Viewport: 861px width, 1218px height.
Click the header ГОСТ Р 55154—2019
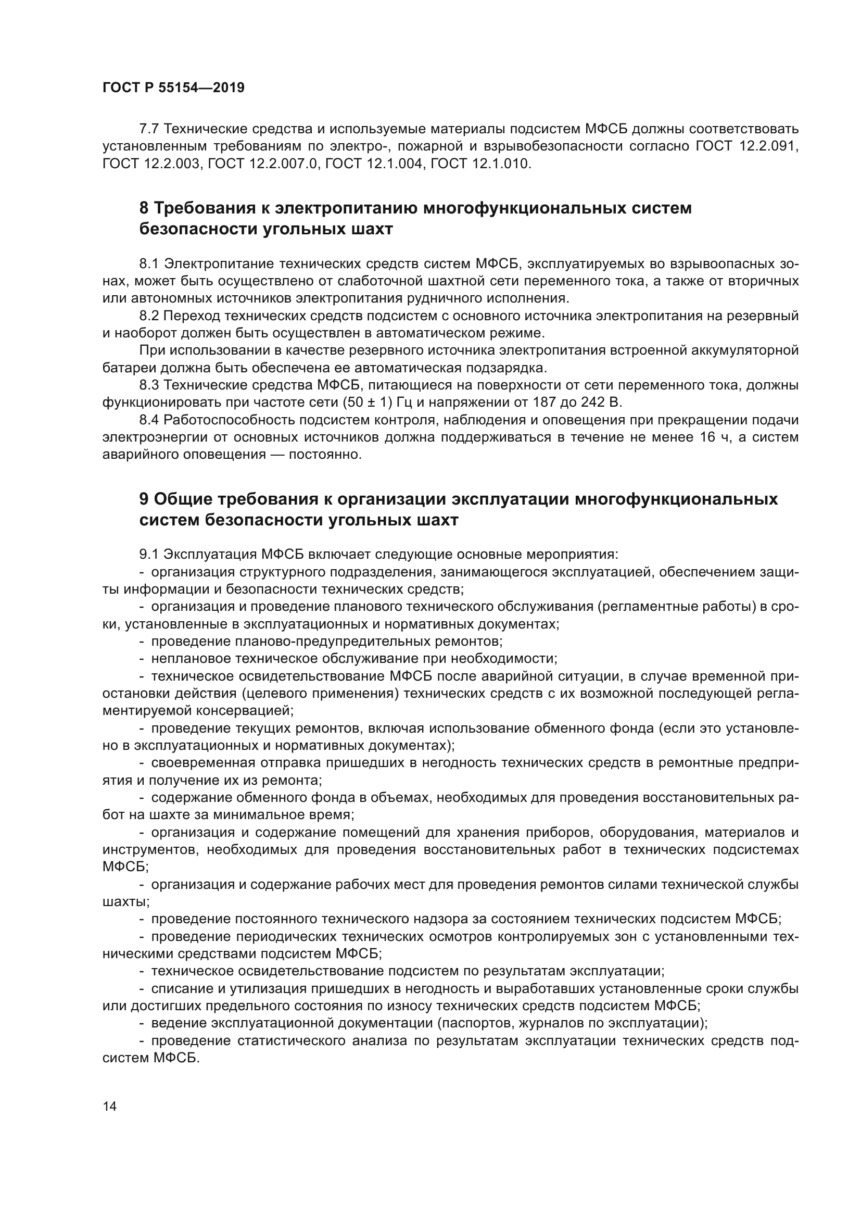click(x=173, y=87)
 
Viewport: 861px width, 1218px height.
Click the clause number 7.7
click(x=149, y=129)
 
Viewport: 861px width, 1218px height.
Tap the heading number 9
click(x=144, y=499)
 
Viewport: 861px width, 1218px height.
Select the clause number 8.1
click(x=149, y=263)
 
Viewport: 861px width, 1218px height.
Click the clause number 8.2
click(x=149, y=316)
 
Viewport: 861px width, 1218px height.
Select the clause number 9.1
click(x=149, y=555)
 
